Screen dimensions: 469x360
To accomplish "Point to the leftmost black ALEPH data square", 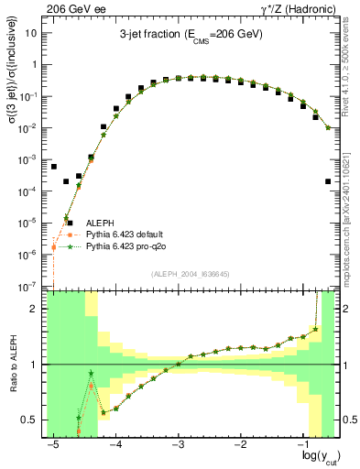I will point(54,167).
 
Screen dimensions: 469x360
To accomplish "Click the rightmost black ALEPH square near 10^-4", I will point(328,181).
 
